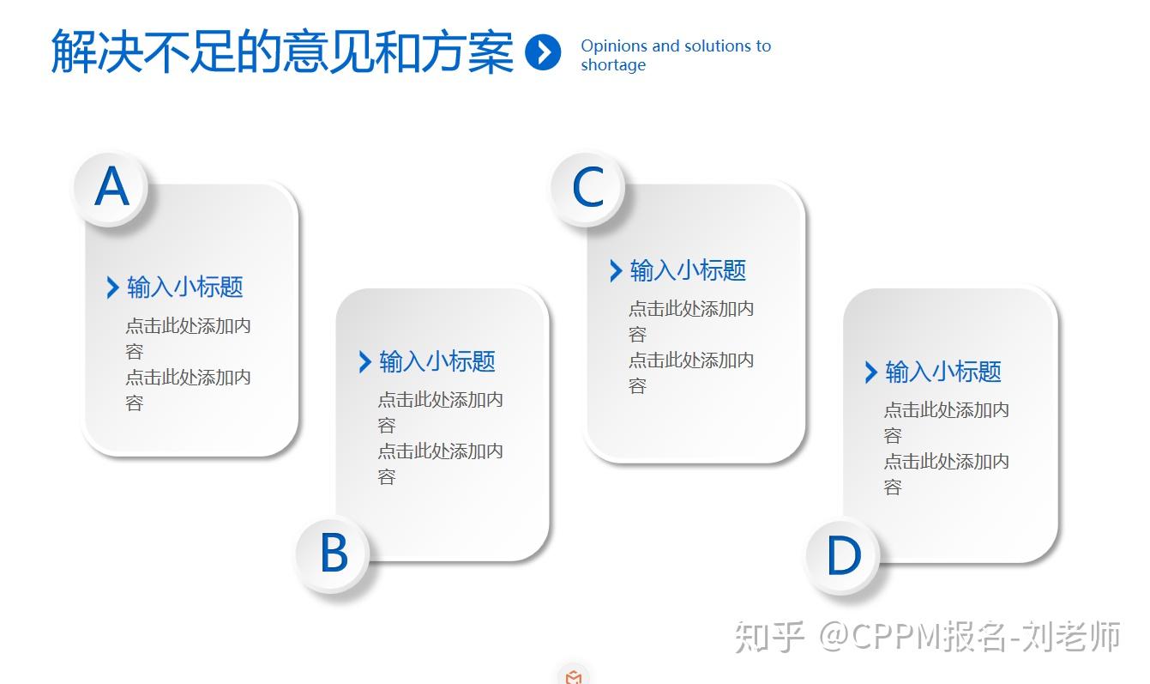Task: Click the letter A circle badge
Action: click(111, 189)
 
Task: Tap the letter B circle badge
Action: click(334, 554)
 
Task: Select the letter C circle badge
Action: click(587, 189)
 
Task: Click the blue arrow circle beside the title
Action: click(543, 51)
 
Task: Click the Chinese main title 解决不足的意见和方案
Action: click(282, 51)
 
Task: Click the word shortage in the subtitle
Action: click(613, 65)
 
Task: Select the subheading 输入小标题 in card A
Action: click(185, 287)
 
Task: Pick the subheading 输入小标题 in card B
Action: click(437, 361)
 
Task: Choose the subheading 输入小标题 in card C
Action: click(688, 270)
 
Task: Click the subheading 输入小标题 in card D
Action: click(943, 372)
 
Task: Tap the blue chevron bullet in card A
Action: click(112, 288)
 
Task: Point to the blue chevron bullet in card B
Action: click(364, 362)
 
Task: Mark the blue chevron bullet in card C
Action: click(616, 271)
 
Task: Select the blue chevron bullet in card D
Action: click(870, 372)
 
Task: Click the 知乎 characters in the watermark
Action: click(769, 638)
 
